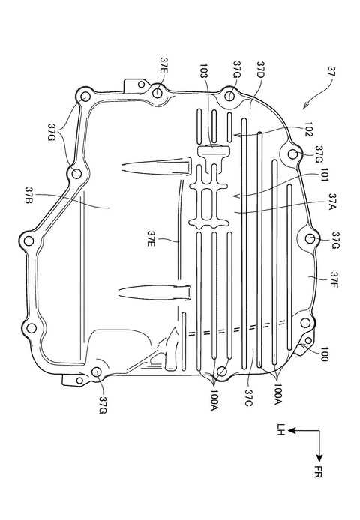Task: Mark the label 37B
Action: click(x=29, y=196)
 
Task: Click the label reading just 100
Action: click(x=324, y=354)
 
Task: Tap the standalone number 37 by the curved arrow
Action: click(x=331, y=71)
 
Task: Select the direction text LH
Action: click(x=281, y=429)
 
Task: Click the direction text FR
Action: click(x=318, y=471)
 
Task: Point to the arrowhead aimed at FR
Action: click(x=319, y=458)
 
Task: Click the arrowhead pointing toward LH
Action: click(x=292, y=430)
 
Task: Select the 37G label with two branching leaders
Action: click(x=52, y=133)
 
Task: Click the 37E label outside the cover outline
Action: click(x=164, y=67)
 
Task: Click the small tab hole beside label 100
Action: click(x=307, y=341)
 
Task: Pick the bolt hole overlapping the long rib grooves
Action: click(x=222, y=371)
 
